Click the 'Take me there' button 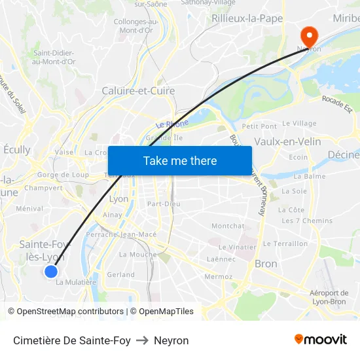point(180,160)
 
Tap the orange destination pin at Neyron point(307,35)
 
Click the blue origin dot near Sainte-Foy point(51,271)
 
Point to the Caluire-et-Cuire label point(138,91)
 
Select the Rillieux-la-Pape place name point(247,18)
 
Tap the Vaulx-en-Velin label point(287,141)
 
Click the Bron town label point(265,264)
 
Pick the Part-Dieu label point(164,204)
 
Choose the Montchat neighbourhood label point(228,226)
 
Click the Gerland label point(120,275)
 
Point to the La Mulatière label point(76,283)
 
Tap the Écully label point(17,149)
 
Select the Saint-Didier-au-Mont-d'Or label point(54,58)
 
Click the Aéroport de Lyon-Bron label point(329,297)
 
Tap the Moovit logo point(320,340)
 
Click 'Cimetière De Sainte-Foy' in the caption point(71,340)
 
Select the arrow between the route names point(142,340)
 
